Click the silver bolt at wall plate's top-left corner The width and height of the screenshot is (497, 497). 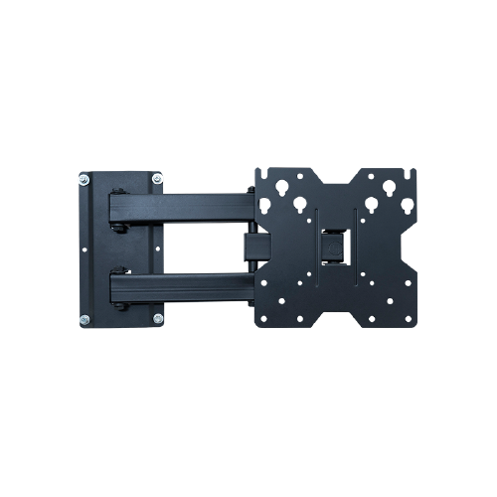(x=83, y=181)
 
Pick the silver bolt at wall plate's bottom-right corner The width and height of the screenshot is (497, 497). (x=157, y=318)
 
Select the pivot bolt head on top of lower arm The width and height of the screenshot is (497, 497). (x=119, y=268)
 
